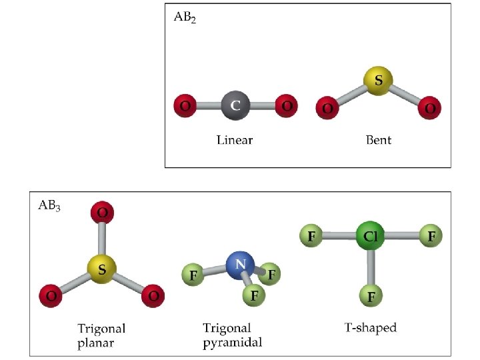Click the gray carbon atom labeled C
point(235,106)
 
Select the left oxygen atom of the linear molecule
point(185,106)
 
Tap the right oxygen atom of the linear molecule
point(287,106)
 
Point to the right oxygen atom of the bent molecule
point(430,108)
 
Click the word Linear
point(235,140)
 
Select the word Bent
point(379,140)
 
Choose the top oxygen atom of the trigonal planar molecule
point(103,213)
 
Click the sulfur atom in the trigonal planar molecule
point(102,269)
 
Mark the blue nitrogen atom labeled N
point(240,265)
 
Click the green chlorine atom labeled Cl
point(370,236)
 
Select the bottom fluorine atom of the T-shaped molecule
point(370,295)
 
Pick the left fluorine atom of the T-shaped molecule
point(311,236)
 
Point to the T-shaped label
point(370,327)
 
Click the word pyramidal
point(232,343)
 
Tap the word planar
point(95,343)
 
